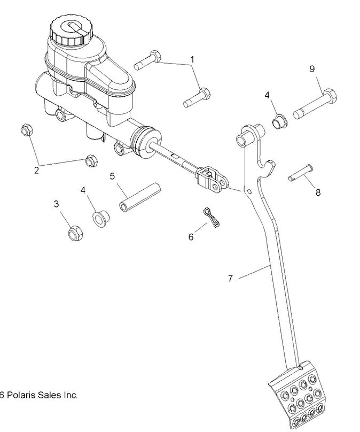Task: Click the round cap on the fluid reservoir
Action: (71, 31)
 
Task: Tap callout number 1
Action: (192, 59)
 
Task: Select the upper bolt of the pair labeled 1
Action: (148, 59)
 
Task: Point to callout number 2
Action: (36, 171)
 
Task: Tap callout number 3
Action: (56, 204)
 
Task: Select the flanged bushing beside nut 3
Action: (100, 219)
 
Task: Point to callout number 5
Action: (113, 176)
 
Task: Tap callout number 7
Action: (230, 279)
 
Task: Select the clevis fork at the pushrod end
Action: (212, 178)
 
